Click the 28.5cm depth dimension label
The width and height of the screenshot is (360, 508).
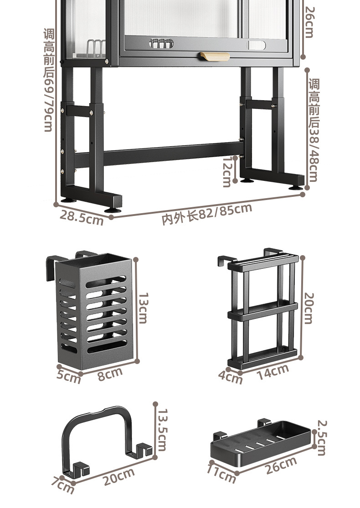[81, 217]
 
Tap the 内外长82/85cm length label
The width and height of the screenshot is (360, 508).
[207, 214]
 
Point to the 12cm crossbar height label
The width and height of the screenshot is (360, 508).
[227, 172]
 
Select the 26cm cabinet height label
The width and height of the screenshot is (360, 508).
[309, 22]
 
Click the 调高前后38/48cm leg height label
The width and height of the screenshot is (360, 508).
[314, 129]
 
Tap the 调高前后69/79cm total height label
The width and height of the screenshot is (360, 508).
[49, 80]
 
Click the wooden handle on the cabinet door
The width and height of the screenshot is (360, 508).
[215, 56]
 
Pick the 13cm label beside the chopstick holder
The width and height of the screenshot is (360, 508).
[143, 308]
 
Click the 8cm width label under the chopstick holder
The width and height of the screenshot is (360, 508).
[110, 374]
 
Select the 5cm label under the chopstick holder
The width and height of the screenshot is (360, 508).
[68, 377]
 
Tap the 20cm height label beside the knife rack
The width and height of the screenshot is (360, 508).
[309, 308]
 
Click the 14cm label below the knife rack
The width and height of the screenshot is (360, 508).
[273, 372]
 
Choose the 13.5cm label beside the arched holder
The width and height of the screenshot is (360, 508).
[162, 430]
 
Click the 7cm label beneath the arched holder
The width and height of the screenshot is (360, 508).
[63, 485]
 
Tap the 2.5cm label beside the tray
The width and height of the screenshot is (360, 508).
[322, 438]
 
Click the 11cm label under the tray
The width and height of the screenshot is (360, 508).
[221, 473]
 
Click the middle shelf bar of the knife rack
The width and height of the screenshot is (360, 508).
[262, 311]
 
